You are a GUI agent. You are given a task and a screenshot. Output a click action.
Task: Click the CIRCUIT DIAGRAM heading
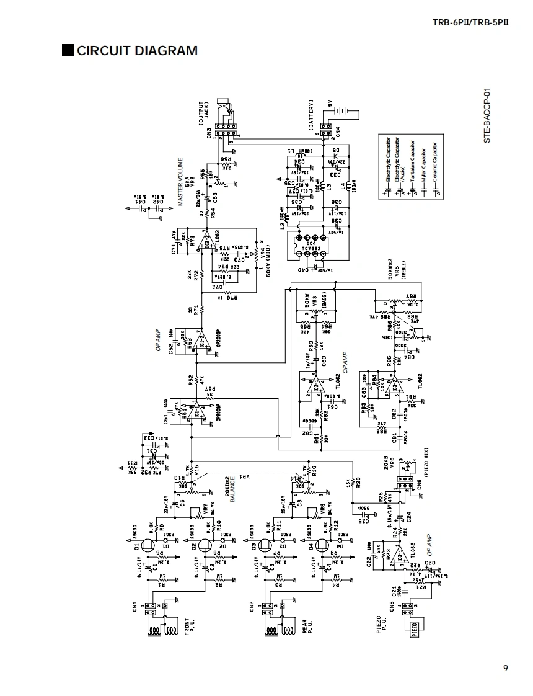[x=137, y=51]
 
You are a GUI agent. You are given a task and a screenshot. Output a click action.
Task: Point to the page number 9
[x=506, y=668]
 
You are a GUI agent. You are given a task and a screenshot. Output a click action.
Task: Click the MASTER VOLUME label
[x=181, y=182]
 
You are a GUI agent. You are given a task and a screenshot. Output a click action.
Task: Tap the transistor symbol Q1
[x=148, y=546]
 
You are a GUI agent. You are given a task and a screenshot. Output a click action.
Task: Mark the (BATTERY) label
[x=312, y=114]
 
